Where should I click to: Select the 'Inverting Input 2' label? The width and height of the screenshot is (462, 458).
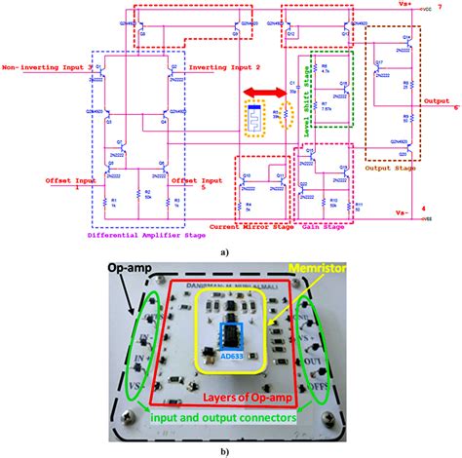[225, 67]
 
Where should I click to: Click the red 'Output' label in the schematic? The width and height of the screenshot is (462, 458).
[437, 99]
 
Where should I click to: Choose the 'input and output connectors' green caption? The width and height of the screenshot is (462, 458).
[231, 417]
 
